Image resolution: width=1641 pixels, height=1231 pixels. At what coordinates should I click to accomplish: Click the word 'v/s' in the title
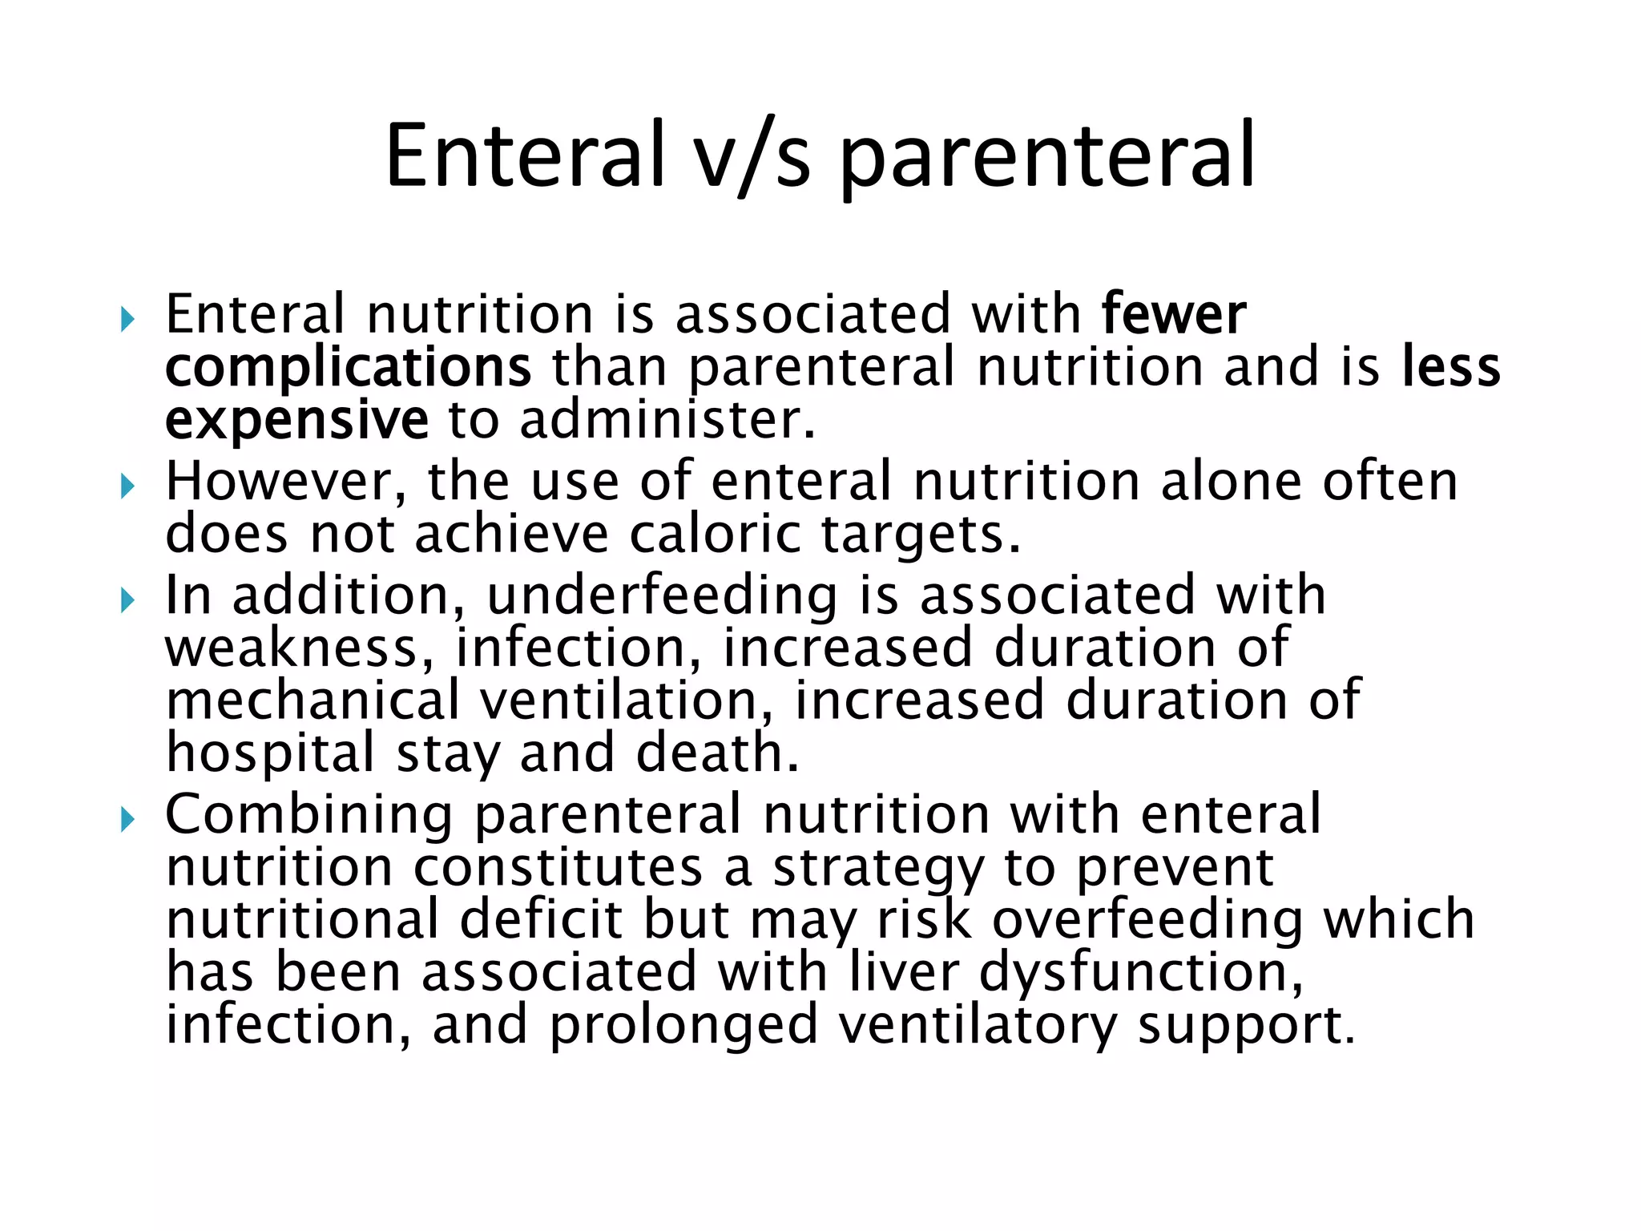click(x=752, y=156)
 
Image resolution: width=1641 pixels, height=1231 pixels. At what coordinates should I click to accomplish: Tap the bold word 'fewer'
click(x=1173, y=314)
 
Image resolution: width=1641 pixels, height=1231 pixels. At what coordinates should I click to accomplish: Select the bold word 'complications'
click(x=348, y=367)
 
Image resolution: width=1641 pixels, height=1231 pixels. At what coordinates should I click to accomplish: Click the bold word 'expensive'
click(x=296, y=420)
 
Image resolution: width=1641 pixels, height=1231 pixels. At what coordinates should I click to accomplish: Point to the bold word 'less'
click(x=1451, y=367)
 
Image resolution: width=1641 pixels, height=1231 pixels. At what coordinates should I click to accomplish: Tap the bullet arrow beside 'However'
click(x=127, y=486)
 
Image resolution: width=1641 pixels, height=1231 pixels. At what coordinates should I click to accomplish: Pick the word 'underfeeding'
click(x=662, y=596)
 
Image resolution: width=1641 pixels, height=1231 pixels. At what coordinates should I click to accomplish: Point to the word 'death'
click(x=716, y=753)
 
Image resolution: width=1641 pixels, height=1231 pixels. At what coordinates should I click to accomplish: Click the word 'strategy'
click(x=878, y=869)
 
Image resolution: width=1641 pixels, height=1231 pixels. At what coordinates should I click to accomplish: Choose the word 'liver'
click(x=904, y=972)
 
